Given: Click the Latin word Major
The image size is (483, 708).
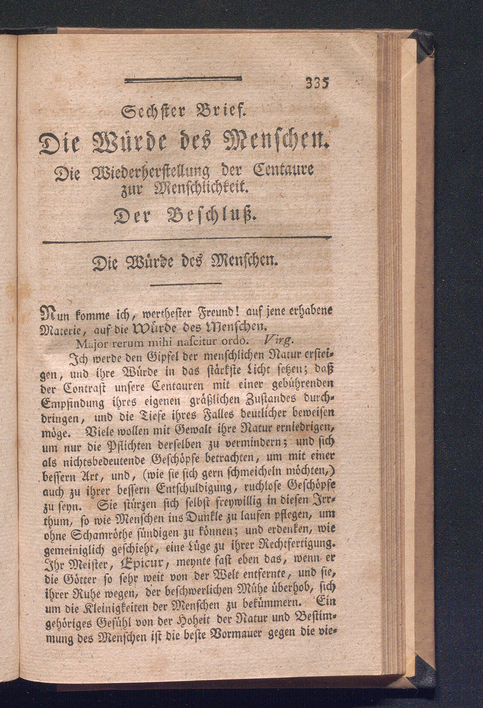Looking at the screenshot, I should (89, 344).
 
